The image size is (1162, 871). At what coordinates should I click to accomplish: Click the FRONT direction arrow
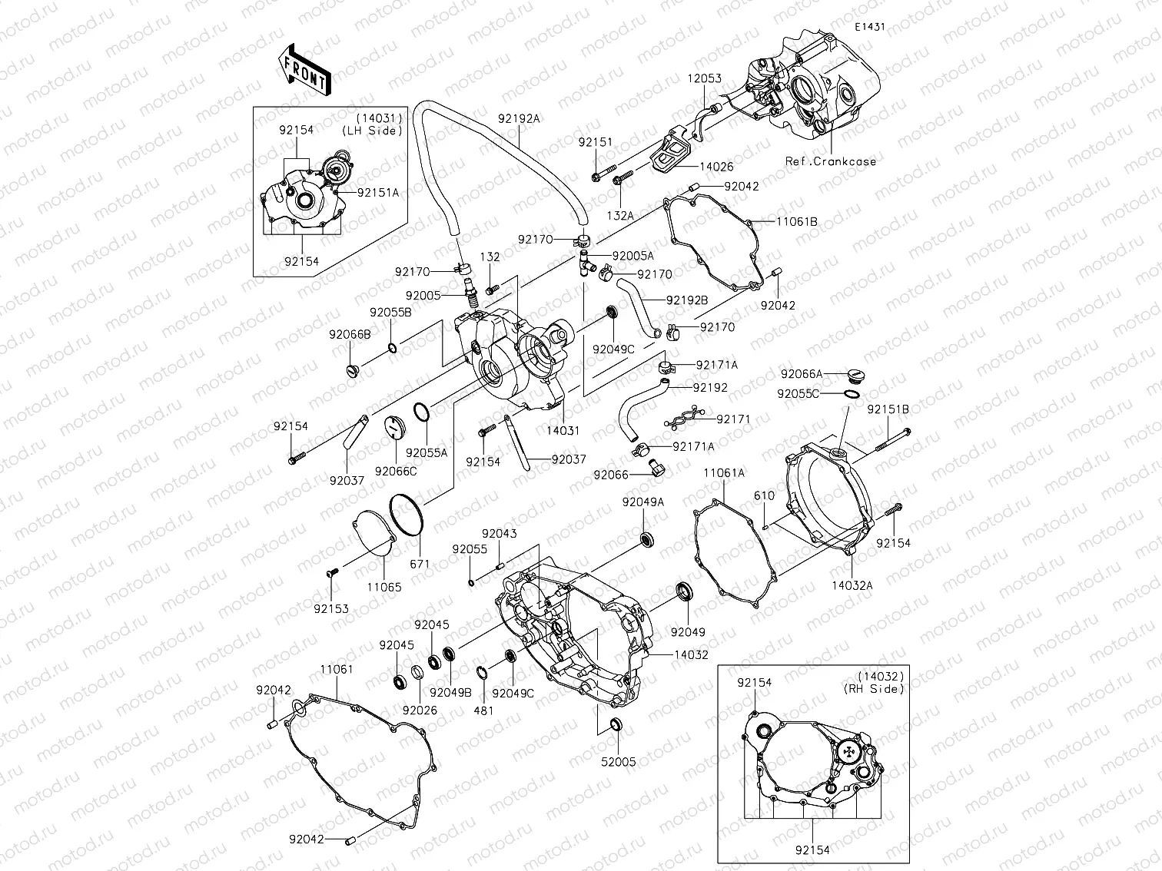[304, 69]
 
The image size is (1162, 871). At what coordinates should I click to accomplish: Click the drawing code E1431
[870, 27]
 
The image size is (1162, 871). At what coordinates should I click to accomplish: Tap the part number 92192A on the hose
[519, 118]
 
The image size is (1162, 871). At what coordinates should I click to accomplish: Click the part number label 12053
[704, 79]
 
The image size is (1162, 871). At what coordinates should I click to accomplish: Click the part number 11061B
[796, 221]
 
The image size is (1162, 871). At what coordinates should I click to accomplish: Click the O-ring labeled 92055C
[851, 394]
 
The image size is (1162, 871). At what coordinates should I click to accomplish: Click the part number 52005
[618, 762]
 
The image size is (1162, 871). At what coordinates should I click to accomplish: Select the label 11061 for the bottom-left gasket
[337, 670]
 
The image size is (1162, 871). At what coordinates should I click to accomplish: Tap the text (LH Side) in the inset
[372, 131]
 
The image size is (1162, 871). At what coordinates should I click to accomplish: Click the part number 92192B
[687, 300]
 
